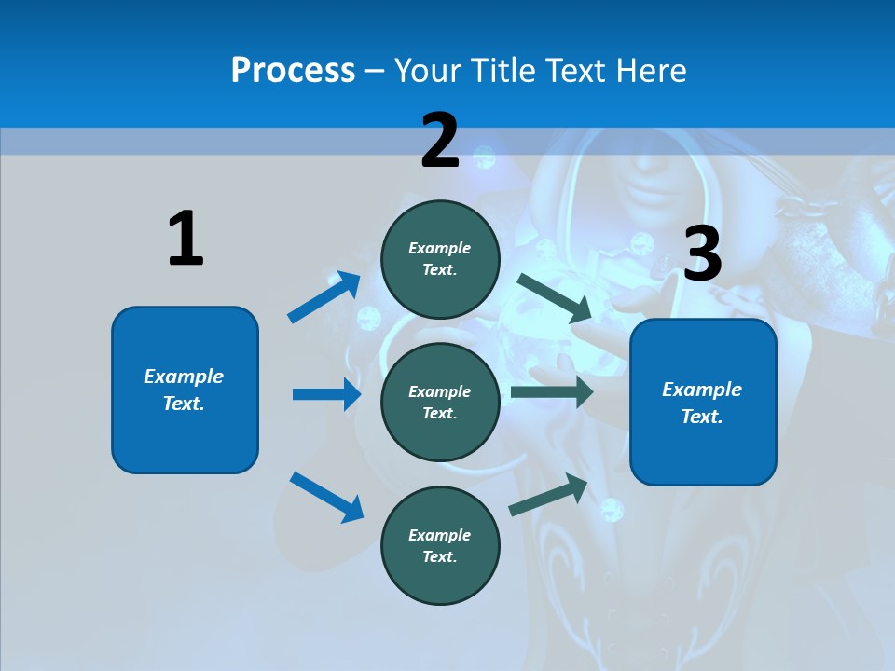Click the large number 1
(x=186, y=240)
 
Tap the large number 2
(x=440, y=141)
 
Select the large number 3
(x=703, y=254)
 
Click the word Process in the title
(x=293, y=70)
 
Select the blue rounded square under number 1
(x=185, y=390)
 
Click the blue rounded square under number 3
(x=703, y=403)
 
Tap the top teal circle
(x=440, y=259)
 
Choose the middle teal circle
(x=440, y=403)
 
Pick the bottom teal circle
(x=440, y=546)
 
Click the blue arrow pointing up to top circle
(x=324, y=297)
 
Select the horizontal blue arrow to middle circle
(x=326, y=394)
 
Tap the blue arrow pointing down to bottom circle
(x=326, y=497)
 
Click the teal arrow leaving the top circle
(x=555, y=297)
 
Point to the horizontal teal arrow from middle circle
(x=552, y=392)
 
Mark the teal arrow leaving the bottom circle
(x=548, y=495)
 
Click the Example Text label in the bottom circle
(x=440, y=546)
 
